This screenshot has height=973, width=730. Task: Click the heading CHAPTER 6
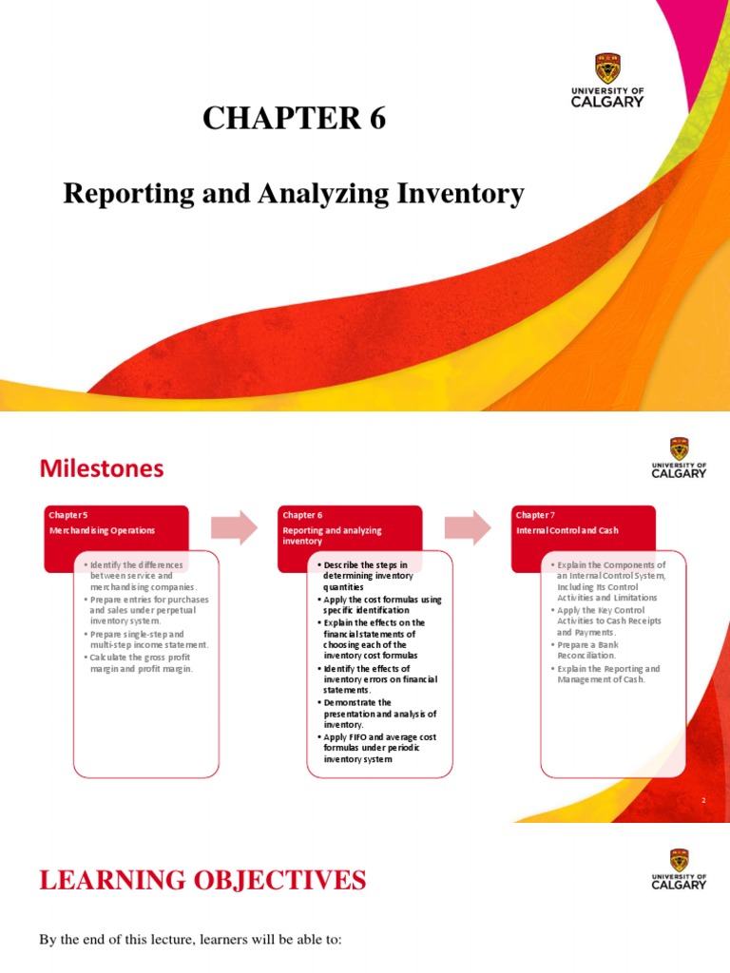(295, 120)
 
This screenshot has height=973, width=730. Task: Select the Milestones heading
(102, 468)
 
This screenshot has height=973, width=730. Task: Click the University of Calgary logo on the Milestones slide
(679, 458)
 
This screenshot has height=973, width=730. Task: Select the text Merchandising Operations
(102, 530)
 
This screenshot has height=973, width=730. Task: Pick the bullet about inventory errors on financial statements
(373, 677)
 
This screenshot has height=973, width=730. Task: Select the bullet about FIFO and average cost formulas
(376, 748)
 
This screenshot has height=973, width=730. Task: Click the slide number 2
(703, 801)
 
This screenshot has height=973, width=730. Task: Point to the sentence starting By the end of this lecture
(189, 940)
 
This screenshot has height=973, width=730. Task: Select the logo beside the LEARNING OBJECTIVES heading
(679, 869)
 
